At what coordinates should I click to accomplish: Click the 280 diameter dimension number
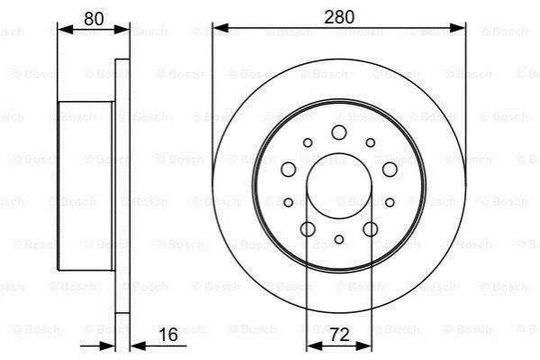[339, 17]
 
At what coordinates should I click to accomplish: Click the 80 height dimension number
[94, 19]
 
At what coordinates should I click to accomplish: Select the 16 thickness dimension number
[169, 335]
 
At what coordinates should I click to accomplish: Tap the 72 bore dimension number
[339, 335]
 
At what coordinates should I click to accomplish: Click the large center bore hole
[339, 186]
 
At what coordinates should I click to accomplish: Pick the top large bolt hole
[339, 133]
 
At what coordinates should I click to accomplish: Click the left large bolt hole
[288, 170]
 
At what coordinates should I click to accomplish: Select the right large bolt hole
[389, 170]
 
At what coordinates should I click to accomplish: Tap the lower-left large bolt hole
[308, 229]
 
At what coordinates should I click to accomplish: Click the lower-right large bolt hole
[371, 229]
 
